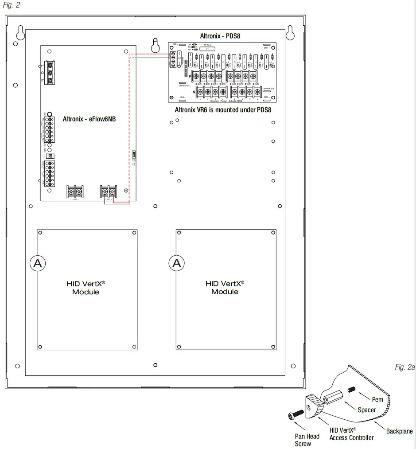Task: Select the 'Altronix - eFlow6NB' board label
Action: (89, 119)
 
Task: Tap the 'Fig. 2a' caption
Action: (404, 367)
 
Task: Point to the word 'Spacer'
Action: (367, 410)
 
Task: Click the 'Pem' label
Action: (377, 400)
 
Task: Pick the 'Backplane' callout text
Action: (399, 431)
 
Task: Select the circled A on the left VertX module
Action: (38, 263)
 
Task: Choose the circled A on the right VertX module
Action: (177, 263)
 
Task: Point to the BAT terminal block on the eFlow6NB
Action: (74, 191)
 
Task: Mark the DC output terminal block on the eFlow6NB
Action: (109, 191)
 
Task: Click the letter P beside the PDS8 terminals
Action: (190, 77)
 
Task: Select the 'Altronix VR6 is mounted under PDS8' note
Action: (223, 110)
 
